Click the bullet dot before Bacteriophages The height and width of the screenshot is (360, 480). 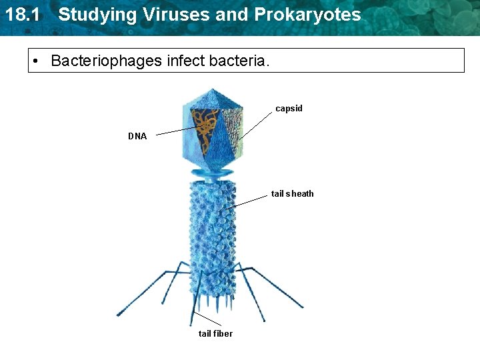point(39,62)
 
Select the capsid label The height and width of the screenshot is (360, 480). point(289,108)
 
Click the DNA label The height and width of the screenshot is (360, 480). point(137,136)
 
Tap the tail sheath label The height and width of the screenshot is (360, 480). point(292,194)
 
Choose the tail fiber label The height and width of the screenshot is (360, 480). point(215,333)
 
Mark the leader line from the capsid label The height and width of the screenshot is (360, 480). point(257,125)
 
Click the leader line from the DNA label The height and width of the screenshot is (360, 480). point(176,131)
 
